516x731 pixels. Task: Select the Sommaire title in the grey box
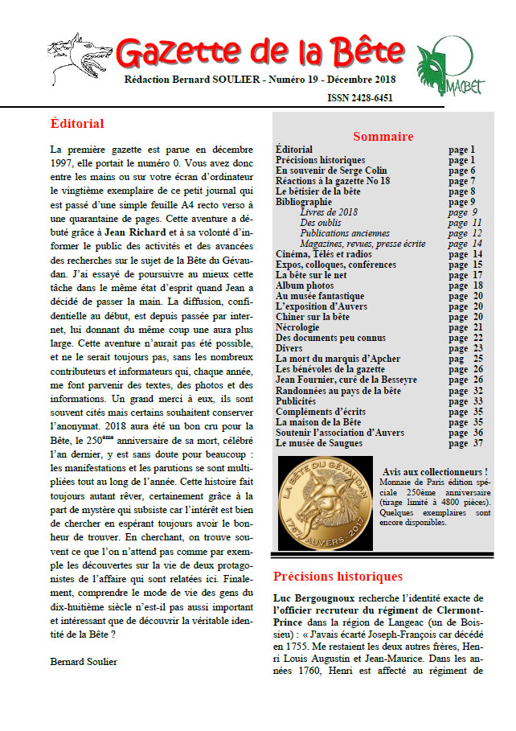pos(383,136)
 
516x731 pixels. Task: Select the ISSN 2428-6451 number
pos(360,98)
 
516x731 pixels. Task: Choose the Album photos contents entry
pos(305,285)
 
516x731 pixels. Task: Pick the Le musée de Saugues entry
pos(319,442)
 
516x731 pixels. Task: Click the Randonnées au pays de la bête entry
pos(338,390)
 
